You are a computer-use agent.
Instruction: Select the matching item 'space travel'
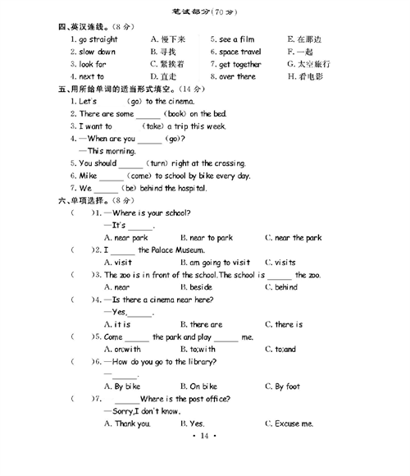[240, 51]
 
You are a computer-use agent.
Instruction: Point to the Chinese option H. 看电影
[309, 76]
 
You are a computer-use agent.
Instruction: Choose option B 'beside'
[200, 287]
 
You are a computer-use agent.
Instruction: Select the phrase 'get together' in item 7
[240, 64]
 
